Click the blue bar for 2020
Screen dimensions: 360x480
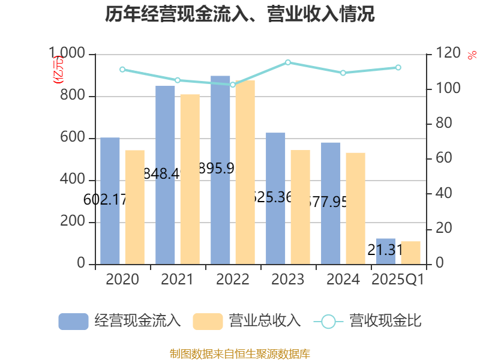point(110,201)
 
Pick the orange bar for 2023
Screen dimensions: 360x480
point(300,207)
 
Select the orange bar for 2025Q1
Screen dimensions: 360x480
point(410,253)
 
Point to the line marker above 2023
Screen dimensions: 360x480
point(288,62)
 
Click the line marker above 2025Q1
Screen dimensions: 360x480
point(398,67)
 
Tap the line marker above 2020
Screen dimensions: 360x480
point(122,69)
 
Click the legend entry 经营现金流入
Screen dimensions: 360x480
point(120,321)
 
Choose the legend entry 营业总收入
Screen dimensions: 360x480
point(247,321)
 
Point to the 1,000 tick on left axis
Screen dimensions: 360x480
point(67,55)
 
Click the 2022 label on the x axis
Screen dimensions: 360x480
point(233,280)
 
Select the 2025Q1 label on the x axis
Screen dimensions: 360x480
point(398,280)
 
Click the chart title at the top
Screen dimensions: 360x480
point(240,14)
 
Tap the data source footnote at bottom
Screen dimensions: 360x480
point(240,353)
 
